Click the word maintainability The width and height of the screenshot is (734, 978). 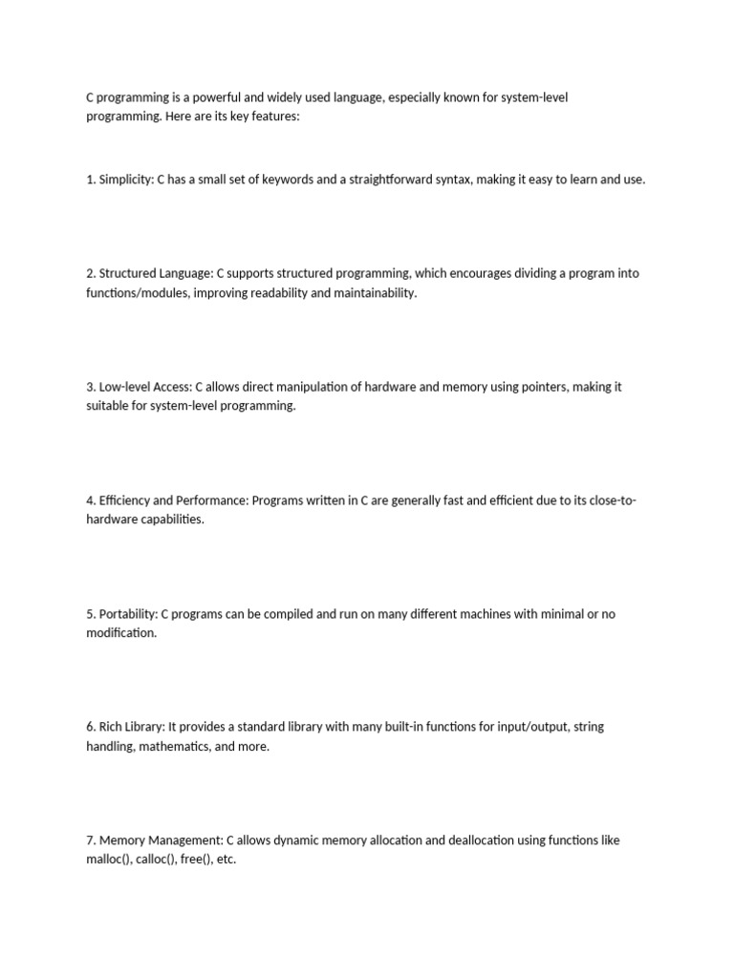(376, 293)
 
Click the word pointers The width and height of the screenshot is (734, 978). (548, 387)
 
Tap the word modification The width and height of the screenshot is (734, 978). (120, 633)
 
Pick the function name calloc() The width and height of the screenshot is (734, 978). (156, 860)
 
